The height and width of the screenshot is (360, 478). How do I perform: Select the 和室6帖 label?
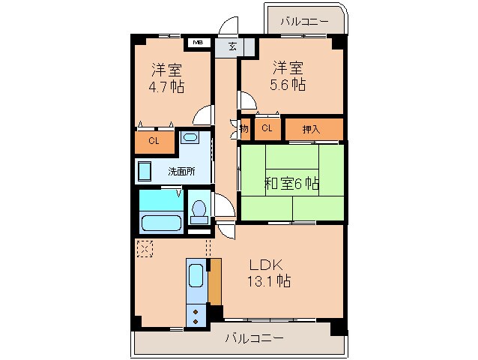[x=291, y=182]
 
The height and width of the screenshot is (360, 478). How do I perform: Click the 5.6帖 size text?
[x=287, y=84]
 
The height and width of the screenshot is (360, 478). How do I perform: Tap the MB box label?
[x=198, y=43]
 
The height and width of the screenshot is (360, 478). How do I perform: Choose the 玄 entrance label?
[x=232, y=46]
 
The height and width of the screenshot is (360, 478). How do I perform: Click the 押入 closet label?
[x=311, y=129]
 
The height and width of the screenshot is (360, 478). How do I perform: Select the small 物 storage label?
[x=244, y=129]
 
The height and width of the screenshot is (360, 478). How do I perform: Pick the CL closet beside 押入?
[x=267, y=128]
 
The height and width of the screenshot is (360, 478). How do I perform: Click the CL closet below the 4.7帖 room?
[x=154, y=140]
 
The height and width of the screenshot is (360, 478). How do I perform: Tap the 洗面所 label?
[x=181, y=171]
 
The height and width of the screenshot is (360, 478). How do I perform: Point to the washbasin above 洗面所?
[x=190, y=137]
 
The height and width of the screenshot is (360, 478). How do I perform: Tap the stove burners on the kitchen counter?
[x=196, y=315]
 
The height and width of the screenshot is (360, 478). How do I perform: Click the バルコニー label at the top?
[x=304, y=21]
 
